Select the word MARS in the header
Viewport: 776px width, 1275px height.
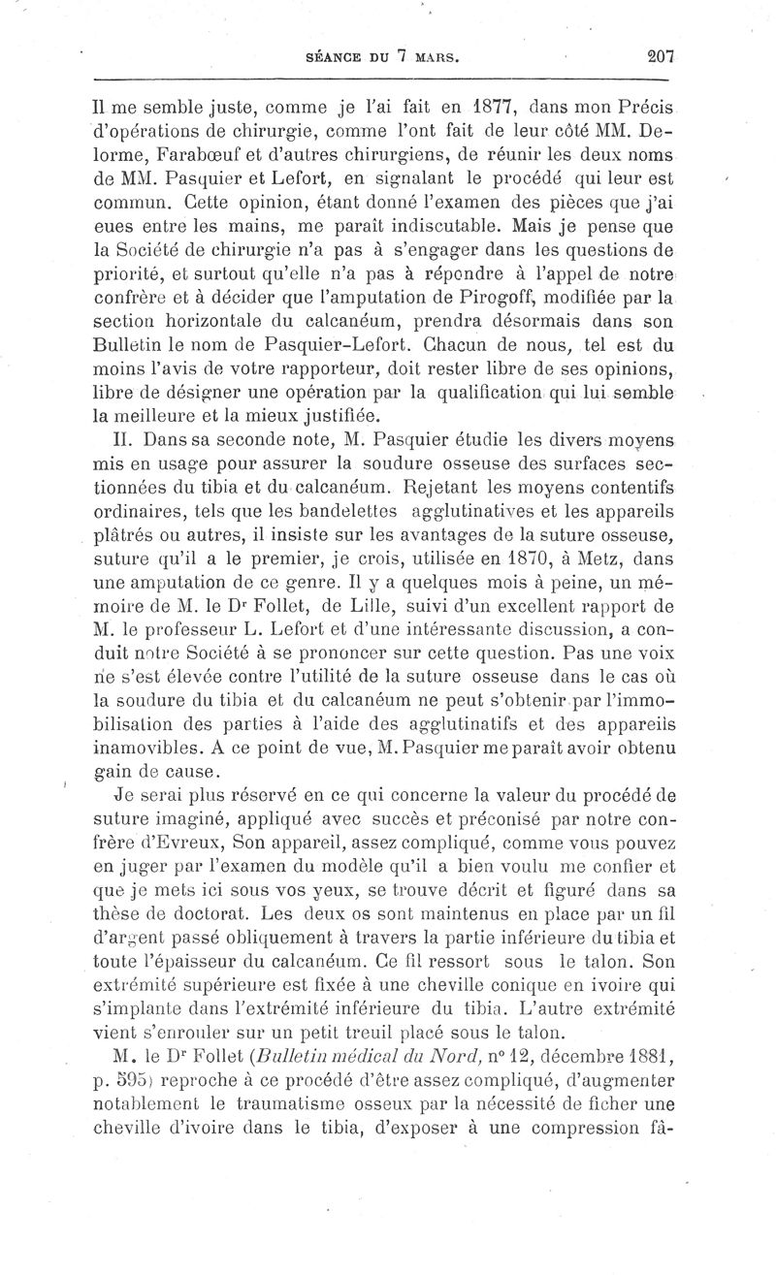click(431, 58)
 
